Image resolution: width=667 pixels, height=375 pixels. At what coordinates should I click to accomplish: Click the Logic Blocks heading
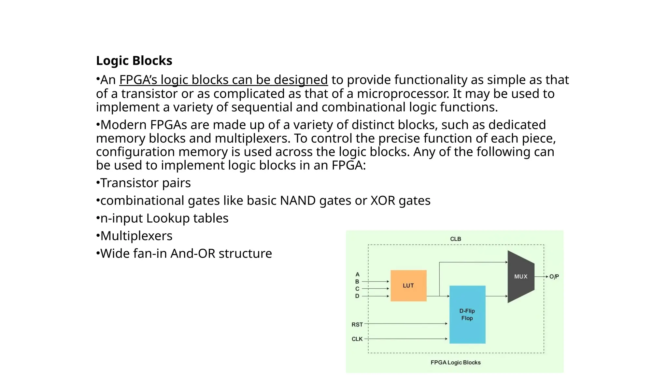[x=134, y=61]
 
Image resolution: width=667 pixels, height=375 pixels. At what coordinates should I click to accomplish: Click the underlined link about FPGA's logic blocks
[x=223, y=80]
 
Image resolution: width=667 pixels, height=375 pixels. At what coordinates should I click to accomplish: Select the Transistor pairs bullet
[x=145, y=183]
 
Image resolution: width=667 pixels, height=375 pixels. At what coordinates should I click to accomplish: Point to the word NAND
[x=298, y=201]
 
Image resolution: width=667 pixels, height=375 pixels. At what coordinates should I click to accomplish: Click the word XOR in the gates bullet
[x=383, y=201]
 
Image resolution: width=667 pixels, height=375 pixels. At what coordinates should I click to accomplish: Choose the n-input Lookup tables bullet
[x=164, y=218]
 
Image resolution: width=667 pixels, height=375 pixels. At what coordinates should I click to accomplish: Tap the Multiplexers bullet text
[x=136, y=236]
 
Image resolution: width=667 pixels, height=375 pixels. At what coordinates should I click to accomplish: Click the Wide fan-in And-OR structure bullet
[x=186, y=253]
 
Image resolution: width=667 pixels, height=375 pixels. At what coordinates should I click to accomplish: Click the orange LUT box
[x=408, y=285]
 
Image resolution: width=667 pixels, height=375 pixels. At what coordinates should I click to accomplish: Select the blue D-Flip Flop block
[x=467, y=314]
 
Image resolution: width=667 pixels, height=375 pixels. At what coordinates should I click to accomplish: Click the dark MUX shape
[x=520, y=276]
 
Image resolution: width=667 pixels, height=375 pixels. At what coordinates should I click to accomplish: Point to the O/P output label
[x=554, y=277]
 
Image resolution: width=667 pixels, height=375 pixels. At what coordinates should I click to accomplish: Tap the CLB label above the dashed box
[x=456, y=239]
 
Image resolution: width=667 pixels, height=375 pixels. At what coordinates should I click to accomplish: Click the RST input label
[x=357, y=325]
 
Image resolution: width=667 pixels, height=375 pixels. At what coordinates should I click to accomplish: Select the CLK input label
[x=357, y=339]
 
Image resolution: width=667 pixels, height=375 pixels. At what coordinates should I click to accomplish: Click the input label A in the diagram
[x=357, y=274]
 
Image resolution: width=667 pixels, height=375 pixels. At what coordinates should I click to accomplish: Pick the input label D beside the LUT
[x=357, y=296]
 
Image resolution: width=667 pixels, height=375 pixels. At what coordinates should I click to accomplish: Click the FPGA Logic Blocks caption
[x=456, y=362]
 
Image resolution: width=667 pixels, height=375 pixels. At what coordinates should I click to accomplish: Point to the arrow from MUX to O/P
[x=541, y=277]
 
